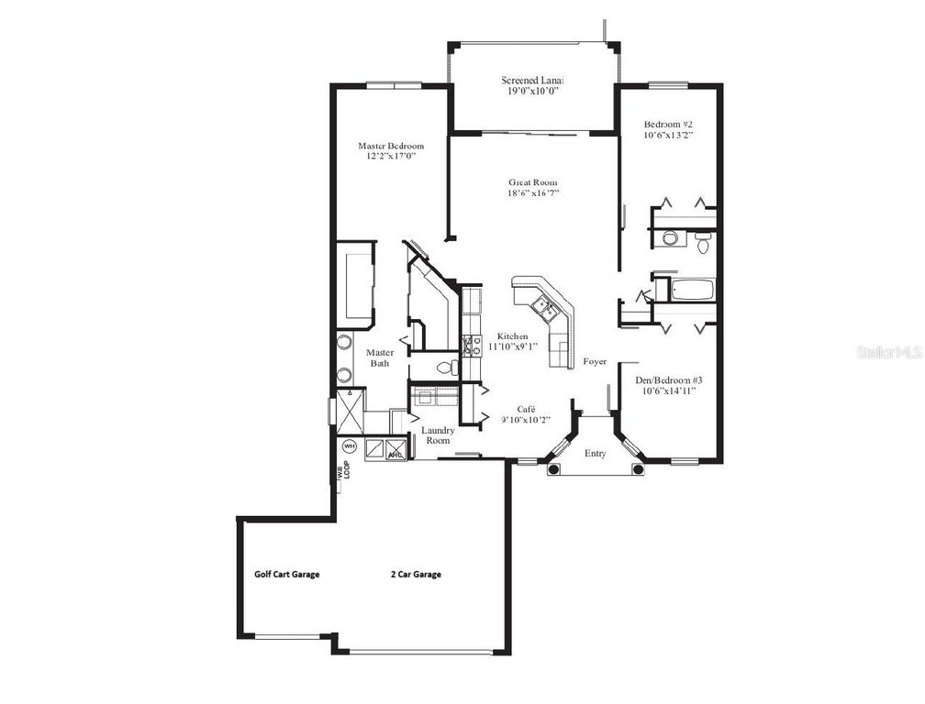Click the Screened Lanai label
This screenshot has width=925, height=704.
531,80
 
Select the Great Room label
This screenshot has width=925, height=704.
532,181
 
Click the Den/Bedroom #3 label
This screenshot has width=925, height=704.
666,379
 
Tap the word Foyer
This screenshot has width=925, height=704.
595,362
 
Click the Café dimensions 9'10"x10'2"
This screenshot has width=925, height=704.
525,420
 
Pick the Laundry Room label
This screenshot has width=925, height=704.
437,434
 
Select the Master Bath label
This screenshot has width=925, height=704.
380,357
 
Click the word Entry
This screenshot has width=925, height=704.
595,453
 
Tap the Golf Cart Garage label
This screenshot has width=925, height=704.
286,575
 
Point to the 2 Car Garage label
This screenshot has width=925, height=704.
416,575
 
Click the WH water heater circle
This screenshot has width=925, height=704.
349,446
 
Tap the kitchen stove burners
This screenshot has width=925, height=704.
471,346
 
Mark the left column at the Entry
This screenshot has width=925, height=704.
553,469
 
